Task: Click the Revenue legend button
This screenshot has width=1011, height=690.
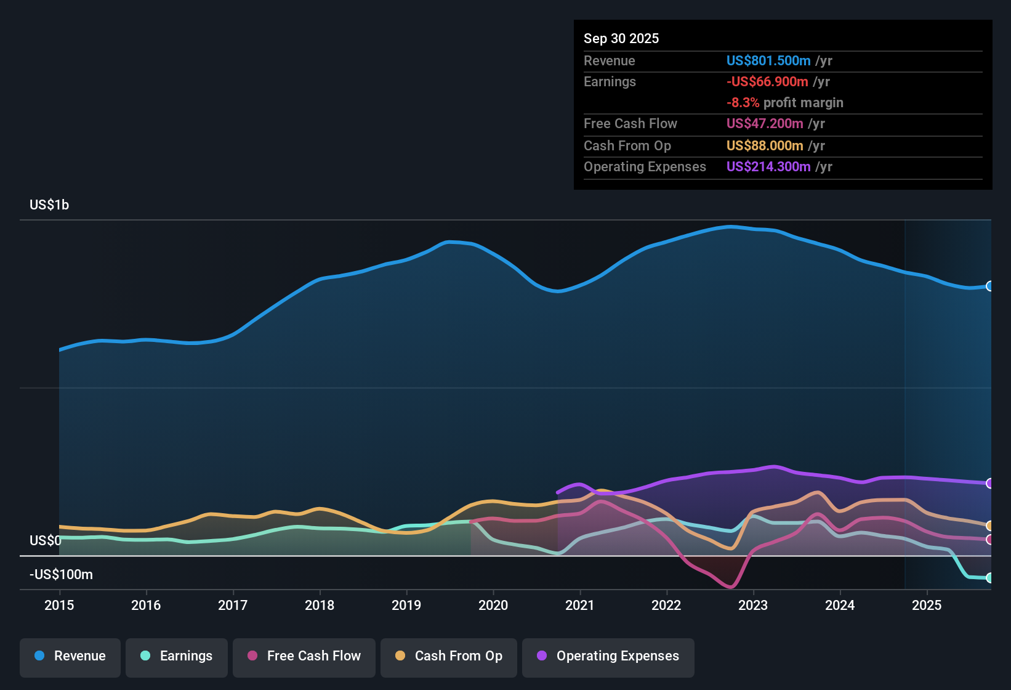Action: [x=70, y=656]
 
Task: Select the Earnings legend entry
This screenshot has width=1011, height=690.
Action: [x=177, y=656]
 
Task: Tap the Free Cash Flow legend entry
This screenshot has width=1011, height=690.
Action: [x=304, y=656]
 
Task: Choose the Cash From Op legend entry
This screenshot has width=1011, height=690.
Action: [x=449, y=656]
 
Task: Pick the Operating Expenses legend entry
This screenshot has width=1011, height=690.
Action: [x=608, y=656]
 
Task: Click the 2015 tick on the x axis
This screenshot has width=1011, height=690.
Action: [x=59, y=605]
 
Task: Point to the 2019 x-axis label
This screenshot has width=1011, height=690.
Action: [x=406, y=605]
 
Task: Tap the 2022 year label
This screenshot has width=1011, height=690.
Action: [x=666, y=605]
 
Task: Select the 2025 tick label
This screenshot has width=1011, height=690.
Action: [x=927, y=605]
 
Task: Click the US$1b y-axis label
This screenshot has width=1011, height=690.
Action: [x=49, y=205]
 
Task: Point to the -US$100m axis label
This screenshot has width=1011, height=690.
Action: [x=61, y=575]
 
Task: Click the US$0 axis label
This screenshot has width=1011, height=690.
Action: [x=46, y=541]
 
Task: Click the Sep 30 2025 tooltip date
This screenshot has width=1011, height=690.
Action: [x=621, y=38]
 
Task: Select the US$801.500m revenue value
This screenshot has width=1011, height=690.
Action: [x=768, y=60]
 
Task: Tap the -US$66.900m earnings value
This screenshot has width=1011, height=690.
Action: [x=767, y=81]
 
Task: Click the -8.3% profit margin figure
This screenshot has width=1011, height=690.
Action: [x=743, y=103]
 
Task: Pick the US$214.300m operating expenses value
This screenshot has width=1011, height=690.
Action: [x=768, y=167]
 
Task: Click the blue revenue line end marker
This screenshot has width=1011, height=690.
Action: [x=989, y=286]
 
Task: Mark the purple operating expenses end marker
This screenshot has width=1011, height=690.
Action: [x=989, y=483]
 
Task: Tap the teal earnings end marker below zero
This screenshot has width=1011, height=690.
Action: [x=989, y=578]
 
